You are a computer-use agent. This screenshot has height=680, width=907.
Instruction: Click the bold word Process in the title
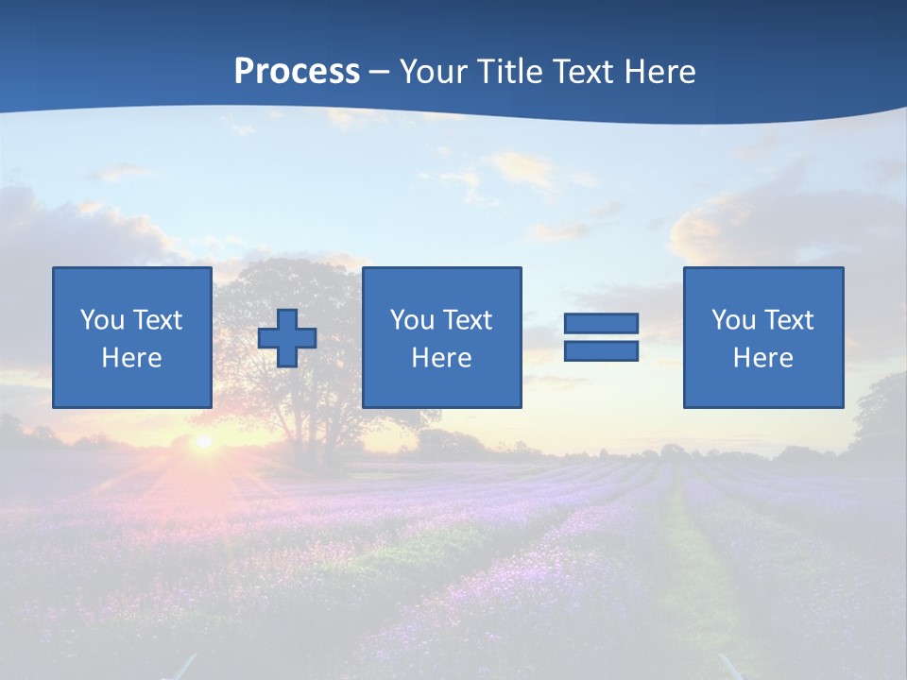click(297, 72)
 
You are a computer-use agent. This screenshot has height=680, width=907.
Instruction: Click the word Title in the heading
click(510, 72)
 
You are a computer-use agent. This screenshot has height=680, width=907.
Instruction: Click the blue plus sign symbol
click(287, 338)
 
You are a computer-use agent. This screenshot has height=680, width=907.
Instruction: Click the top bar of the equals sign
click(601, 324)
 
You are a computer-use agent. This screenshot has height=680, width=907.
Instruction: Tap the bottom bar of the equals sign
click(601, 350)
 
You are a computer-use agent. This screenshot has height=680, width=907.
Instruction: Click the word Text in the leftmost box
click(157, 320)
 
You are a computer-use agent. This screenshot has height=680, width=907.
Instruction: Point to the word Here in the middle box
click(442, 358)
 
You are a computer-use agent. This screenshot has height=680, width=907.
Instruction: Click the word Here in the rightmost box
click(763, 358)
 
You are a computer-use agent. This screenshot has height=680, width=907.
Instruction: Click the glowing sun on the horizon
click(202, 442)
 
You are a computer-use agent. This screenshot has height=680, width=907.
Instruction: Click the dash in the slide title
click(379, 72)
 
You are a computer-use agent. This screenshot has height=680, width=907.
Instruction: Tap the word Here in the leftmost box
click(132, 358)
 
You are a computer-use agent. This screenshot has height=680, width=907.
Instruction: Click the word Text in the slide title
click(579, 72)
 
